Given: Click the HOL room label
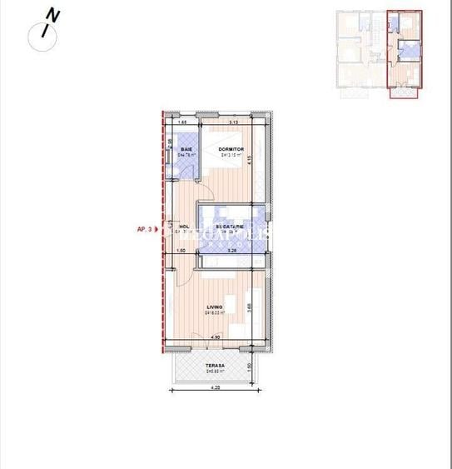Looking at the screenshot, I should [185, 226].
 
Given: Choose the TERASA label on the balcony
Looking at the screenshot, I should [216, 365].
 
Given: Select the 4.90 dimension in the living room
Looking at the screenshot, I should [215, 337].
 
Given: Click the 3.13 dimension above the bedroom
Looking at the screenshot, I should [234, 123].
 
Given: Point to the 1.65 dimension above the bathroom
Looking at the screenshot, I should [182, 123].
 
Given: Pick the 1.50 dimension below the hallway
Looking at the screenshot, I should [180, 250].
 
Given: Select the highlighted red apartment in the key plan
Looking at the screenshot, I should [405, 55].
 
